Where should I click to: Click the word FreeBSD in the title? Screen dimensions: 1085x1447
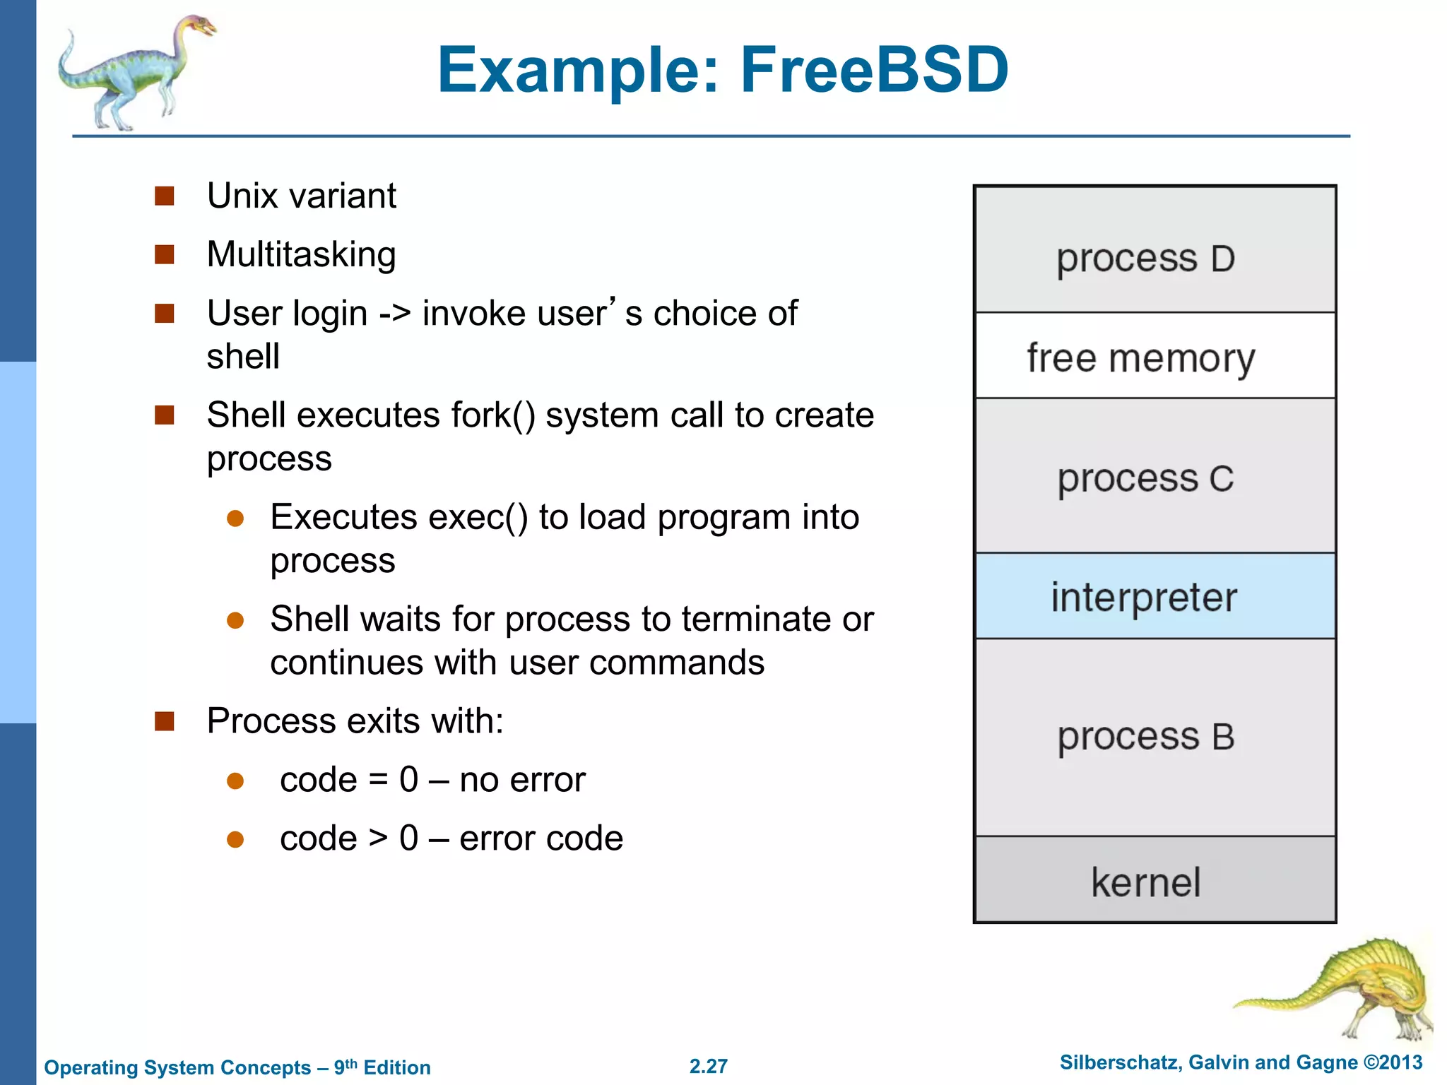click(874, 70)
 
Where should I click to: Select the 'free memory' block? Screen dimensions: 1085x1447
click(1154, 356)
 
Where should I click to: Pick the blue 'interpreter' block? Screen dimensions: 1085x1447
click(1154, 596)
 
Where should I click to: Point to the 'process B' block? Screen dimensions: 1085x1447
click(1154, 737)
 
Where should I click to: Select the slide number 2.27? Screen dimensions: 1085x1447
click(708, 1066)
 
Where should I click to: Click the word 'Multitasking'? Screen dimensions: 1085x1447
click(301, 254)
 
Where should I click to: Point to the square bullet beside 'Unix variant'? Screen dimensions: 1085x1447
click(165, 196)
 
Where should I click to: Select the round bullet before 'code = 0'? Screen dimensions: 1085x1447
click(235, 781)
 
